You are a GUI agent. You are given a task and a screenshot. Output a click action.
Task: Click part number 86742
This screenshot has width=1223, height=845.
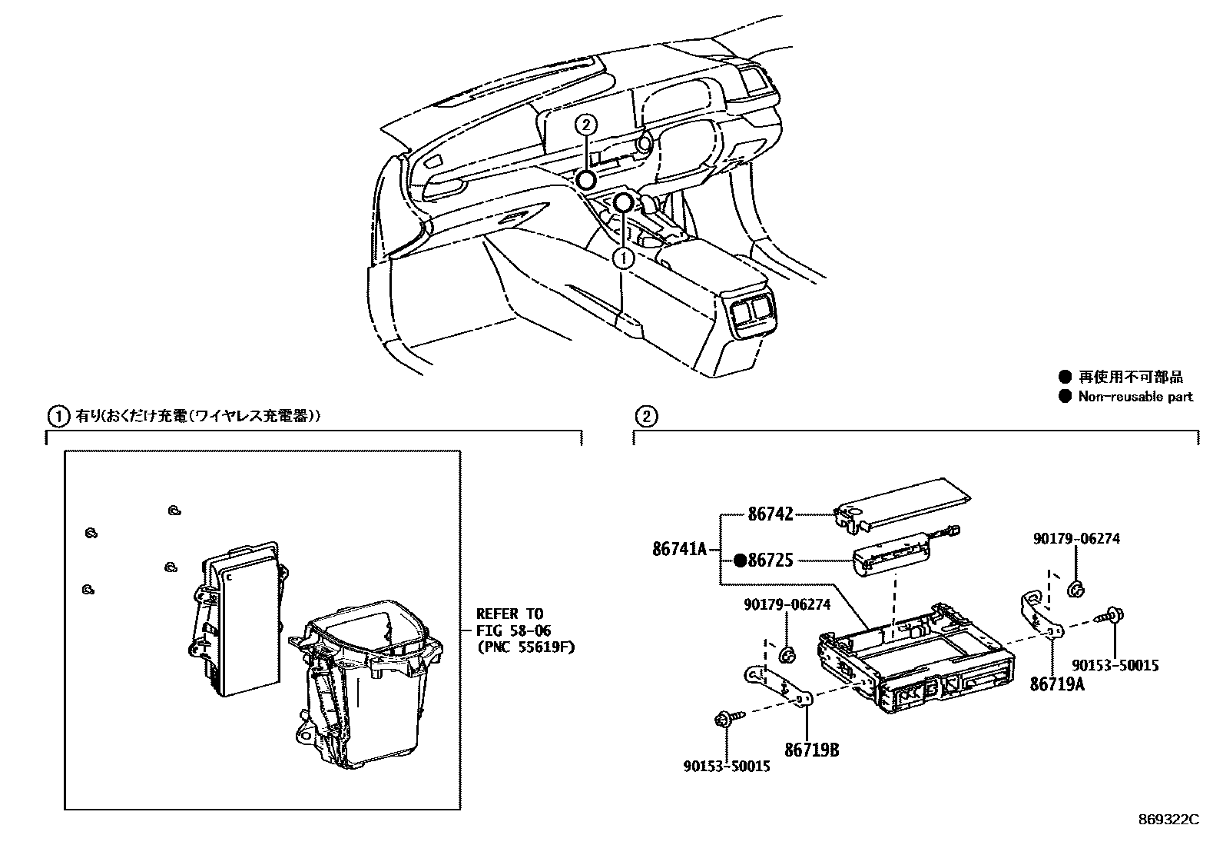point(770,514)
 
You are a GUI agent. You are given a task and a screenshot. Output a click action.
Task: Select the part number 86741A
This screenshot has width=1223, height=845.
point(679,549)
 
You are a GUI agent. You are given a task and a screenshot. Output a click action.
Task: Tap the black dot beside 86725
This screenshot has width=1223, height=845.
point(740,561)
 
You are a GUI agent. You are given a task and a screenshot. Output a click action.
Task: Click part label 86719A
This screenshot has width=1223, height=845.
point(1057,684)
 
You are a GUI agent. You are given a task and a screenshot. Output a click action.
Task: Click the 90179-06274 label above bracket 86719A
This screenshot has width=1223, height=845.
point(1076,539)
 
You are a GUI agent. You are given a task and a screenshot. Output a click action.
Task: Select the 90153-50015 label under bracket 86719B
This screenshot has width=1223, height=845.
point(726,766)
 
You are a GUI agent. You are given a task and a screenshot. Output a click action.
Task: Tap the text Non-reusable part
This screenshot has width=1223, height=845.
point(1135,397)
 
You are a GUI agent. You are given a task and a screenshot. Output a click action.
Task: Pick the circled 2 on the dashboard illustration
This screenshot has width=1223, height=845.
point(585,124)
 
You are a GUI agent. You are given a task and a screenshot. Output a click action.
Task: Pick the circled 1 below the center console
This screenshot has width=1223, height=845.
point(625,258)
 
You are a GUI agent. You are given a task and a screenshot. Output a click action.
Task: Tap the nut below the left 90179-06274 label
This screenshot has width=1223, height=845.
point(787,654)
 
